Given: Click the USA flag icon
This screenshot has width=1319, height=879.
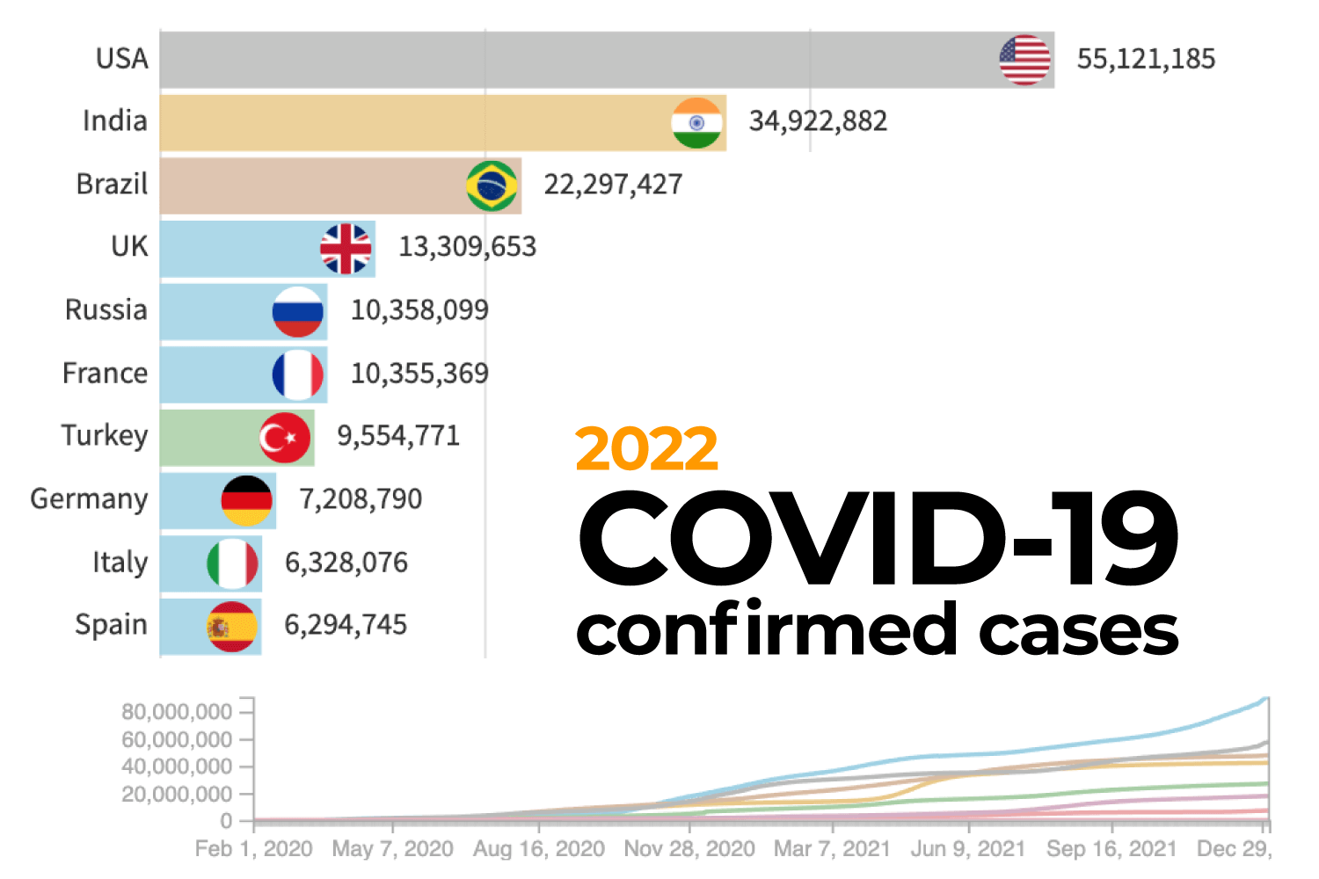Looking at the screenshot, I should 1024,60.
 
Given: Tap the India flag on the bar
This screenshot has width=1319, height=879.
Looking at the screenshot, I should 696,123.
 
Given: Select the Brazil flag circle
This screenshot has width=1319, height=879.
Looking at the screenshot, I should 492,185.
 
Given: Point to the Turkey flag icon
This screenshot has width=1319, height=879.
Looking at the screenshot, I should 285,437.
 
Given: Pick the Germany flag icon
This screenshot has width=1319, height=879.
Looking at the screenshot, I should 246,500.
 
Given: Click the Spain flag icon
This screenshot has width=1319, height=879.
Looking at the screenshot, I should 232,627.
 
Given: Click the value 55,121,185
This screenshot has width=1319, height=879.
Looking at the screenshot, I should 1146,59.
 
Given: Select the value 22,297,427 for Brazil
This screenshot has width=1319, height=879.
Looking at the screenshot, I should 613,185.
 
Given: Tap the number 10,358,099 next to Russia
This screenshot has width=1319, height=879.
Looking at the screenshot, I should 419,310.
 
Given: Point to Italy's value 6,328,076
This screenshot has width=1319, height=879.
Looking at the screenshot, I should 346,563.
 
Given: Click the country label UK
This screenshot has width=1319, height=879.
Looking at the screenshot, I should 129,247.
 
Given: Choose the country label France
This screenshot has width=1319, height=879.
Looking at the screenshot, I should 105,374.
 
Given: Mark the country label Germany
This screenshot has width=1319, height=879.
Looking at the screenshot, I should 89,499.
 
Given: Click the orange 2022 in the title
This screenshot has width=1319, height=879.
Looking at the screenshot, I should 646,449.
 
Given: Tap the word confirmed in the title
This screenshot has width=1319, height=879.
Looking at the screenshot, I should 767,630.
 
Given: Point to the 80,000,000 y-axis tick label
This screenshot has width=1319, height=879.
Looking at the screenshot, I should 177,711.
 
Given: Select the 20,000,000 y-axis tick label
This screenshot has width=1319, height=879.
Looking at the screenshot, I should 177,794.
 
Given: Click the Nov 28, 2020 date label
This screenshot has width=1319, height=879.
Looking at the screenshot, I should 689,849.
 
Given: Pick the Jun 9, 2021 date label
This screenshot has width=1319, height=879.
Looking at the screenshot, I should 967,849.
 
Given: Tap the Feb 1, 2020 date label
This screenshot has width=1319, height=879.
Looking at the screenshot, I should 253,849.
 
